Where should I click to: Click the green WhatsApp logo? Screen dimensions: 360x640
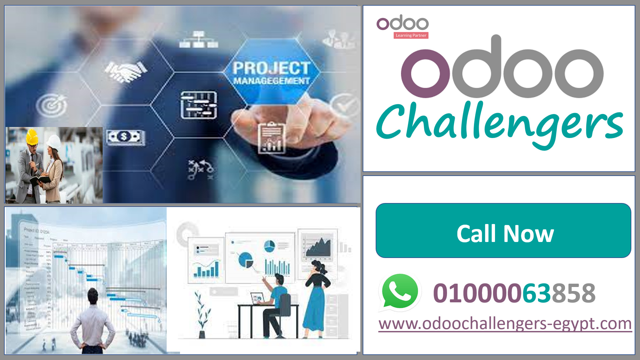pyautogui.click(x=400, y=292)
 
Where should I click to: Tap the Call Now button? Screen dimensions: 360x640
pyautogui.click(x=503, y=231)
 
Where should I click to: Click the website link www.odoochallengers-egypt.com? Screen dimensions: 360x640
pyautogui.click(x=505, y=323)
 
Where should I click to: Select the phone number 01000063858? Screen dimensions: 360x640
pyautogui.click(x=514, y=293)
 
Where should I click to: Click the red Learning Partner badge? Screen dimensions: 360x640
pyautogui.click(x=411, y=35)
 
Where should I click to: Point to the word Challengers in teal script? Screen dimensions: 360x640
pyautogui.click(x=499, y=124)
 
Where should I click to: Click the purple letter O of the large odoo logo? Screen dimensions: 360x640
pyautogui.click(x=425, y=74)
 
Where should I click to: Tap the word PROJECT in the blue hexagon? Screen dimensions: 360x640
pyautogui.click(x=272, y=68)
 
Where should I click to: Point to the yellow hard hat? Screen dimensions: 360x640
pyautogui.click(x=32, y=137)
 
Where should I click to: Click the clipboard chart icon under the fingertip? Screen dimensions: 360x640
pyautogui.click(x=272, y=138)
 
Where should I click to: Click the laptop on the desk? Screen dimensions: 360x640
pyautogui.click(x=258, y=298)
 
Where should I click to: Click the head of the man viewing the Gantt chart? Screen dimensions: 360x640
pyautogui.click(x=93, y=296)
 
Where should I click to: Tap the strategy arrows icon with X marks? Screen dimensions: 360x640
pyautogui.click(x=200, y=169)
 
